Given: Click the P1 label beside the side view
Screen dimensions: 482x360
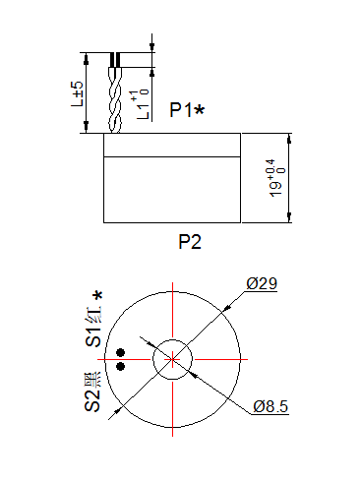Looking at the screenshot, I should coord(180,110).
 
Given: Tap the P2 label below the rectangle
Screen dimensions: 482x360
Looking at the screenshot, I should coord(189,242).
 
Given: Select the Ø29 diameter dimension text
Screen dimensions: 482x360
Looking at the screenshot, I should coord(262,284).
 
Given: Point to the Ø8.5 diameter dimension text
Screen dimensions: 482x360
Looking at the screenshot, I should coord(270,406).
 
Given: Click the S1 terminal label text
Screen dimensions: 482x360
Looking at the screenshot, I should coord(94,331).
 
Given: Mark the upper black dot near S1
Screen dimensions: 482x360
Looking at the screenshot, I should coord(121,352).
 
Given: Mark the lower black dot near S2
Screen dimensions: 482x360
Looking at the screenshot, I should coord(121,366).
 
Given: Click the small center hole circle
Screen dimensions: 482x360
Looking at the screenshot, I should coord(172,359).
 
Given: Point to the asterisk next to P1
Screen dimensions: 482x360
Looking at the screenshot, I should coord(200,110).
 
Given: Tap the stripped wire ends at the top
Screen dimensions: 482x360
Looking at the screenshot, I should coord(116,60).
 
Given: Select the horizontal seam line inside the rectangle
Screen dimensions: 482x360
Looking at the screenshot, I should coord(172,156).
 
